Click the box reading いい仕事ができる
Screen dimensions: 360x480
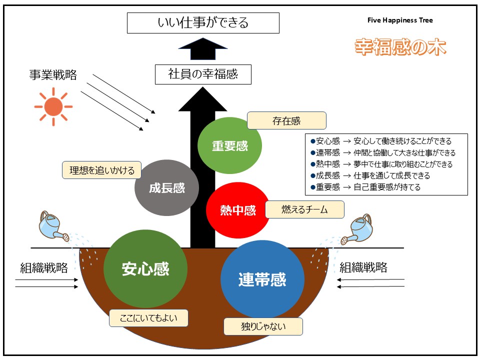pyautogui.click(x=203, y=23)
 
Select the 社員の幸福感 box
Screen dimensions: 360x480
pyautogui.click(x=203, y=75)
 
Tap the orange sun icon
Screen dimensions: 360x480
pyautogui.click(x=53, y=106)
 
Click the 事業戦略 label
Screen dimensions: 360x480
pyautogui.click(x=53, y=75)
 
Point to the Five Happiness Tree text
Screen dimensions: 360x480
pyautogui.click(x=400, y=20)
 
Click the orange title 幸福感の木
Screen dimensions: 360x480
pyautogui.click(x=400, y=47)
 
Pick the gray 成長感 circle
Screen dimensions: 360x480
pyautogui.click(x=167, y=188)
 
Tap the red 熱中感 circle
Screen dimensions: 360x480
pyautogui.click(x=238, y=210)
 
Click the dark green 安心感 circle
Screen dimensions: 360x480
pyautogui.click(x=145, y=269)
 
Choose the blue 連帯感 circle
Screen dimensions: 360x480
pyautogui.click(x=262, y=279)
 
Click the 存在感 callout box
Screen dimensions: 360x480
pyautogui.click(x=286, y=121)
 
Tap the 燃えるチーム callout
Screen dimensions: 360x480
pyautogui.click(x=304, y=209)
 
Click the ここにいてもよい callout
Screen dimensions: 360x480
pyautogui.click(x=148, y=318)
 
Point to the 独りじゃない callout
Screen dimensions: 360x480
pyautogui.click(x=263, y=326)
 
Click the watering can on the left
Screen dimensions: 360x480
pyautogui.click(x=54, y=226)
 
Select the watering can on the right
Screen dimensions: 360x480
pyautogui.click(x=359, y=229)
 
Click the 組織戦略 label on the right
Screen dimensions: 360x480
pyautogui.click(x=363, y=267)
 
